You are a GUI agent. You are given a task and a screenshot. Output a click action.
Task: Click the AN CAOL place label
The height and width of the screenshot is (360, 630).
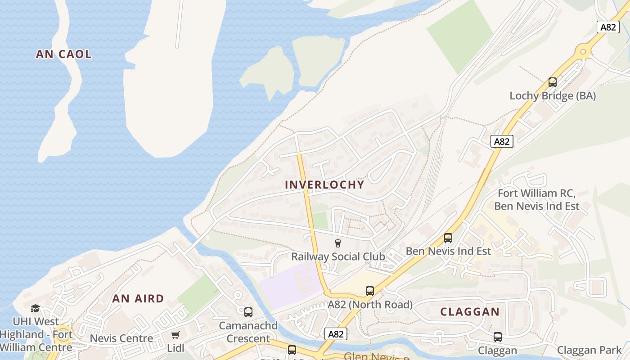[x=63, y=54]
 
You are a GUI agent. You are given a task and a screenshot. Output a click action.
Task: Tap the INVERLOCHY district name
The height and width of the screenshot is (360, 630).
[x=324, y=185]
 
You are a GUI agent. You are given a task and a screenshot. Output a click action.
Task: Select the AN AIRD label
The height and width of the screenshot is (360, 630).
[x=138, y=299]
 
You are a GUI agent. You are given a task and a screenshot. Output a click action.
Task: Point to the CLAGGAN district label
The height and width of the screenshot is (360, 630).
[x=470, y=312]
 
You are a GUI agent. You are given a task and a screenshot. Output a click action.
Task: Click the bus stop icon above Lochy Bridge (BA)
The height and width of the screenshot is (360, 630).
[x=553, y=82]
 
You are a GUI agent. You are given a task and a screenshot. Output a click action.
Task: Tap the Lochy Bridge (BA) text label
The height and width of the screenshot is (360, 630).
[x=553, y=96]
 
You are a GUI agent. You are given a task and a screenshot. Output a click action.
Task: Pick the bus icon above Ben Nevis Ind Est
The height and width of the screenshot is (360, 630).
[x=448, y=238]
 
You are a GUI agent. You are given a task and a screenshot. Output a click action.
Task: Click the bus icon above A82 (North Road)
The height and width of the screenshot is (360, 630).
[x=370, y=291]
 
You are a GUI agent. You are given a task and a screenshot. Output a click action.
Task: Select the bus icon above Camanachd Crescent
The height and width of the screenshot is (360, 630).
[x=248, y=312]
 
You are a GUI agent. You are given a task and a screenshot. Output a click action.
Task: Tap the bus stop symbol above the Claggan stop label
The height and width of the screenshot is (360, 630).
[x=498, y=337]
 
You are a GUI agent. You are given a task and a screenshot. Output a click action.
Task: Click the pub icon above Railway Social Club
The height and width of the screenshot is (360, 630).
[x=338, y=243]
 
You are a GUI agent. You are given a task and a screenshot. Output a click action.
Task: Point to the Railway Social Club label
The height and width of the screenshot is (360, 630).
[x=338, y=256]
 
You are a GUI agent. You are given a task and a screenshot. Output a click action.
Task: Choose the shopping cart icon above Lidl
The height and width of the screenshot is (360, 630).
[x=175, y=335]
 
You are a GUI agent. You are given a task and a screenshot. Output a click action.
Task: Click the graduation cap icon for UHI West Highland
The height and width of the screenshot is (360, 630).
[x=35, y=308]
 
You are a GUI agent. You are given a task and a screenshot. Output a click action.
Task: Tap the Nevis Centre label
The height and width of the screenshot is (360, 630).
[x=121, y=338]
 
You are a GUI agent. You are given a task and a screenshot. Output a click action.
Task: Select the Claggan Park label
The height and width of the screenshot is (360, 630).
[x=589, y=350]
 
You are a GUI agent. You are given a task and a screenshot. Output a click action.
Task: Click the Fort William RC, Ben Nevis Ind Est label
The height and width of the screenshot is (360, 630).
[x=536, y=200]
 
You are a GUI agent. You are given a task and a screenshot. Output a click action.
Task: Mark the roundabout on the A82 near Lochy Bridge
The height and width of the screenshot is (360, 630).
[x=583, y=51]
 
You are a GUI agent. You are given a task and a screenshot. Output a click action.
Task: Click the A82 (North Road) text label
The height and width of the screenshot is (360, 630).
[x=370, y=305]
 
